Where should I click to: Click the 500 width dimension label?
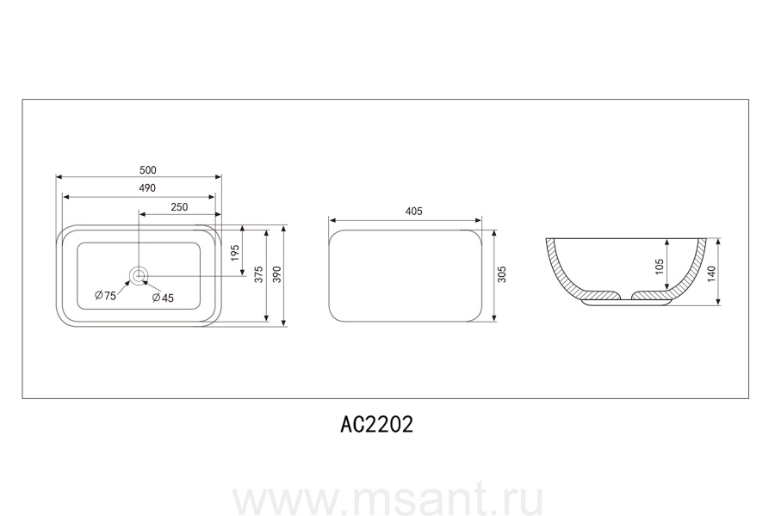point(148,170)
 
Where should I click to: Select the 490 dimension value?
point(147,188)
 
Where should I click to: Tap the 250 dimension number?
point(179,207)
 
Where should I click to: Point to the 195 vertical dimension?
point(235,253)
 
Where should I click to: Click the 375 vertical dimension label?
point(258,274)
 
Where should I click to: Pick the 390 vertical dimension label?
point(277,274)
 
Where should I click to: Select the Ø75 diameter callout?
point(105,295)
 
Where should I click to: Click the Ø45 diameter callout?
point(163,298)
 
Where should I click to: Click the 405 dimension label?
point(413,212)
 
